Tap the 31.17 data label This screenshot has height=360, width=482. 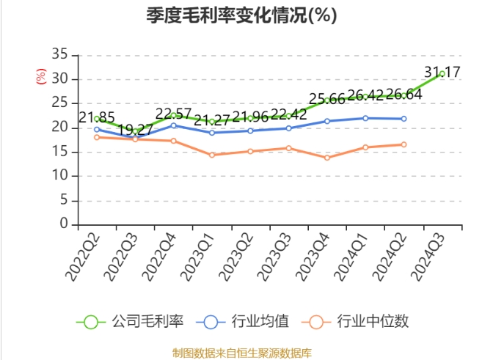[x=442, y=72]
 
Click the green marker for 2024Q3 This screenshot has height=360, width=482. [x=442, y=74]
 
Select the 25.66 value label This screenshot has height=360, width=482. [x=327, y=100]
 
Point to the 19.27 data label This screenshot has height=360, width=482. [x=135, y=130]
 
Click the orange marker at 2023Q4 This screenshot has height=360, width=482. [x=327, y=158]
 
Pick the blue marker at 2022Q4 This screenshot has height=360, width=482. [x=174, y=125]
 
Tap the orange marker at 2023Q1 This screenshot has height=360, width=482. [x=212, y=155]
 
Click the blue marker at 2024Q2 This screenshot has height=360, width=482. [x=404, y=119]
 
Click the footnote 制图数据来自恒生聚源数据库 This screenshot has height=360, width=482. [x=241, y=353]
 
